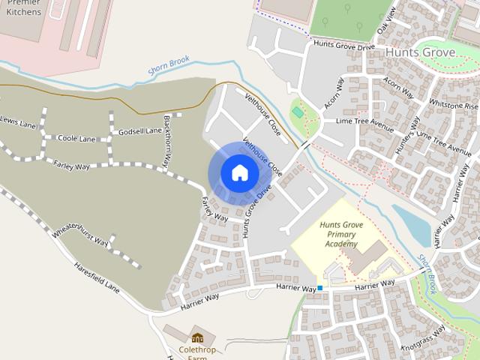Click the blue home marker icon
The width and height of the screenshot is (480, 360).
pyautogui.click(x=239, y=173)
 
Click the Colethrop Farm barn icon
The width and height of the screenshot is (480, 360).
pyautogui.click(x=197, y=338)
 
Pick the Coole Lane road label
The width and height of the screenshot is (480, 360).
pyautogui.click(x=76, y=139)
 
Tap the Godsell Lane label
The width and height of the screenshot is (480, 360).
pyautogui.click(x=139, y=131)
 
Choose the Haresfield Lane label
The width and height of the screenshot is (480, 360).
pyautogui.click(x=96, y=276)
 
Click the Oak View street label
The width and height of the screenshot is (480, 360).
pyautogui.click(x=386, y=28)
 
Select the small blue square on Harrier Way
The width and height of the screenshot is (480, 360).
pyautogui.click(x=319, y=288)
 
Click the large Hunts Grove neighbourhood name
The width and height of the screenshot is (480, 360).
pyautogui.click(x=421, y=53)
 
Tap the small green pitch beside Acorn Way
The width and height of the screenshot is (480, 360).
pyautogui.click(x=298, y=112)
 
